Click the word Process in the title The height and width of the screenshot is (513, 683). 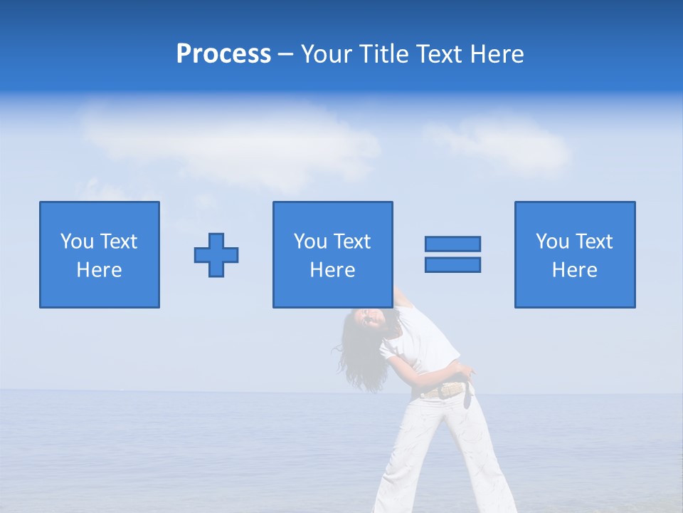(223, 54)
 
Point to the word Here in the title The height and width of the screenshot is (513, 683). (499, 54)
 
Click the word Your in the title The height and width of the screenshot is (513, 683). (325, 54)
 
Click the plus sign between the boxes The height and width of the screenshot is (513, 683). (216, 254)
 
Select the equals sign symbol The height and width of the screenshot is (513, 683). (452, 254)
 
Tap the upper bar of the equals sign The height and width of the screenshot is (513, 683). (452, 244)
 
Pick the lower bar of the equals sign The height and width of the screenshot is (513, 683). (452, 264)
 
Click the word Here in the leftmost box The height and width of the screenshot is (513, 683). (100, 270)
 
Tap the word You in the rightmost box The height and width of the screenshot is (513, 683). (552, 242)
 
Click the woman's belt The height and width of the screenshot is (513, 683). (445, 390)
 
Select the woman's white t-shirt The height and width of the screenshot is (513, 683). (423, 342)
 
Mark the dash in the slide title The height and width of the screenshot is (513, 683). (285, 54)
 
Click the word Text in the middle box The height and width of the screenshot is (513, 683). (352, 242)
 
